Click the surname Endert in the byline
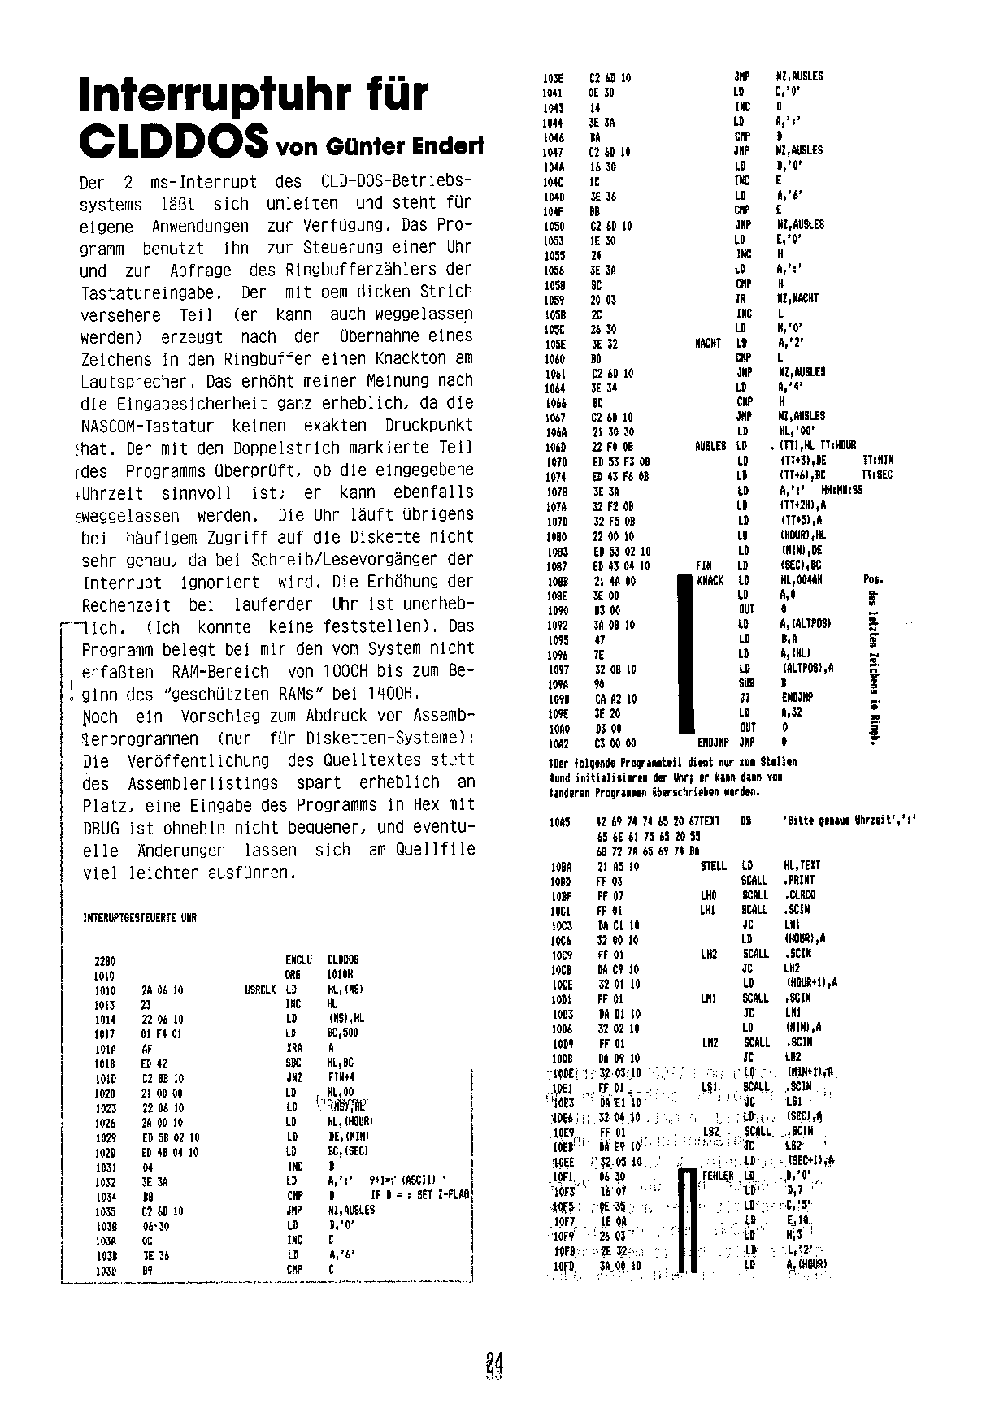pyautogui.click(x=448, y=148)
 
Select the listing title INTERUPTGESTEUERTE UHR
pyautogui.click(x=140, y=918)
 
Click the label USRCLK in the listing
pyautogui.click(x=259, y=990)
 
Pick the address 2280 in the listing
pyautogui.click(x=105, y=960)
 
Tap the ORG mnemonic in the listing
pyautogui.click(x=293, y=975)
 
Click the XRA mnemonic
pyautogui.click(x=293, y=1048)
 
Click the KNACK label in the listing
pyautogui.click(x=710, y=581)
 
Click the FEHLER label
pyautogui.click(x=717, y=1176)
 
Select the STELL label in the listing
pyautogui.click(x=713, y=866)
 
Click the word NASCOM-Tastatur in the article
pyautogui.click(x=147, y=426)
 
